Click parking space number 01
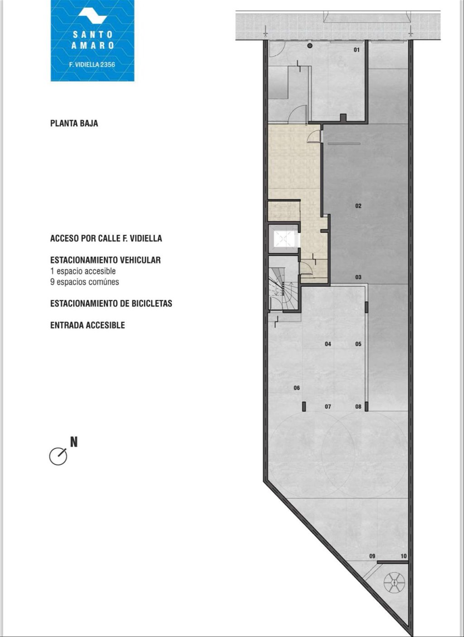pyautogui.click(x=357, y=50)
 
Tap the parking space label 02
pyautogui.click(x=358, y=206)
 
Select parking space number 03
pyautogui.click(x=358, y=277)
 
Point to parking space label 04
pyautogui.click(x=328, y=344)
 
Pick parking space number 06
pyautogui.click(x=297, y=388)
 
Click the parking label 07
pyautogui.click(x=328, y=407)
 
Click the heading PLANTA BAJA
pyautogui.click(x=74, y=124)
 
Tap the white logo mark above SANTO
pyautogui.click(x=92, y=16)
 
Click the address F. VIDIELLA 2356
pyautogui.click(x=92, y=65)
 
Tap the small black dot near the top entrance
pyautogui.click(x=310, y=45)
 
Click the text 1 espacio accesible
pyautogui.click(x=83, y=271)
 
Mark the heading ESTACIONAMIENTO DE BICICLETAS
pyautogui.click(x=111, y=303)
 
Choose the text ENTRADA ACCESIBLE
pyautogui.click(x=87, y=325)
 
